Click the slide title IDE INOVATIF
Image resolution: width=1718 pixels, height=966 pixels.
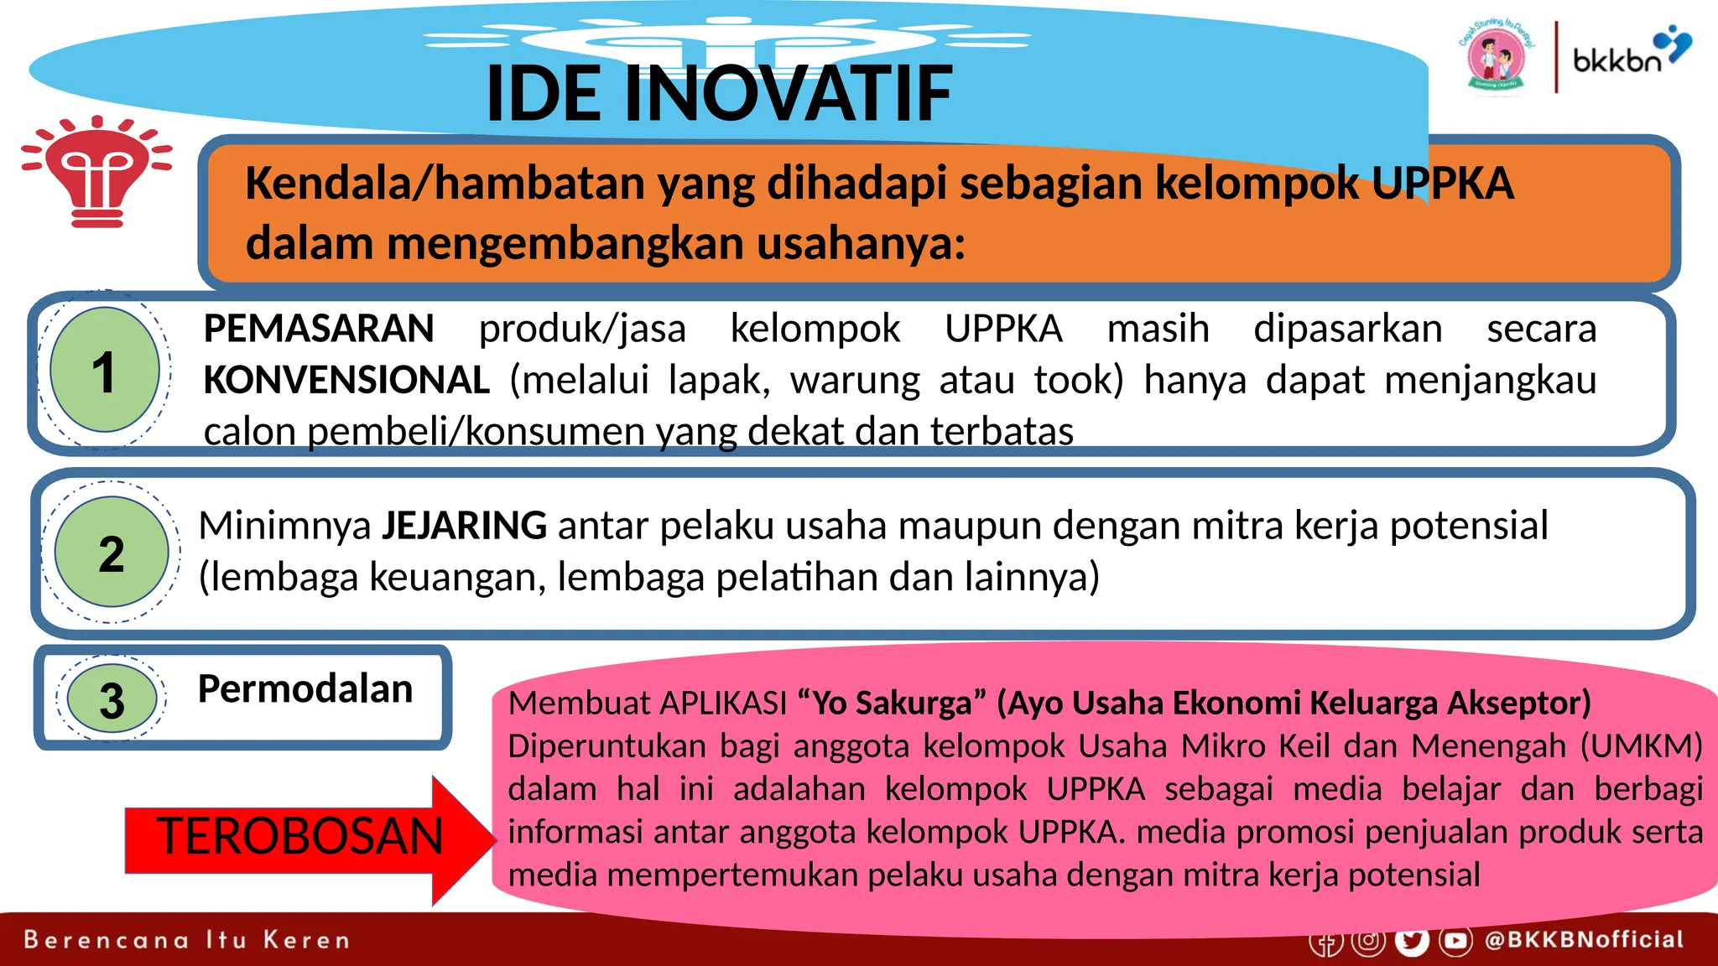(719, 93)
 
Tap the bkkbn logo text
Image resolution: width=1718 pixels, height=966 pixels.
(1616, 60)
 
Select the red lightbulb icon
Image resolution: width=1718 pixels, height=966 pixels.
(97, 172)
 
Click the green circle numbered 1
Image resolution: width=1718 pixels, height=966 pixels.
(105, 370)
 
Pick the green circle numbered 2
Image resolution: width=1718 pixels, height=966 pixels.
(112, 552)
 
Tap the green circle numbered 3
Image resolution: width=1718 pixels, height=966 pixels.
(112, 699)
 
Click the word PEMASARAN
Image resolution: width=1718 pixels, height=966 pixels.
(319, 328)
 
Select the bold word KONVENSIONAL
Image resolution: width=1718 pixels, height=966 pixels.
(346, 380)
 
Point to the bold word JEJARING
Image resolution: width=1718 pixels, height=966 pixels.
(465, 526)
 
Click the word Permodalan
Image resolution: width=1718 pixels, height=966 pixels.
(305, 688)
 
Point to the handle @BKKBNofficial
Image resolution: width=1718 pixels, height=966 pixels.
(1584, 939)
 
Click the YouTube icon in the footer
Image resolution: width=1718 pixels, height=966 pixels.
(1455, 941)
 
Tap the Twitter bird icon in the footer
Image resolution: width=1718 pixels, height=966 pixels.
(1412, 941)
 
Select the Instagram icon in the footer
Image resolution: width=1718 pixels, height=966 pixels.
(1368, 941)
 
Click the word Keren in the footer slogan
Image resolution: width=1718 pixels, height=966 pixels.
(306, 940)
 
